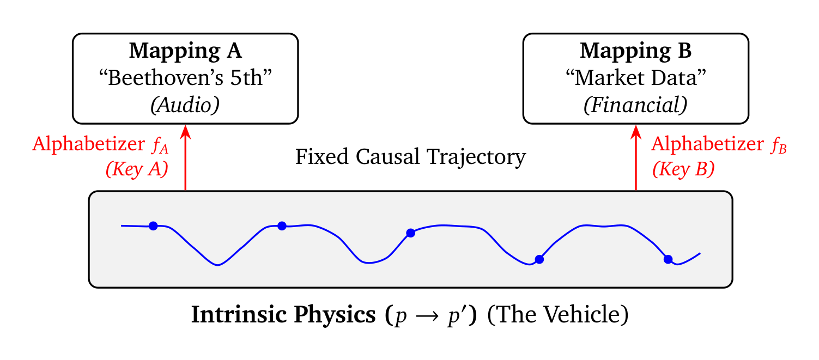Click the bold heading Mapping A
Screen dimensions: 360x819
(185, 51)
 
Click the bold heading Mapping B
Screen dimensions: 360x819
(635, 51)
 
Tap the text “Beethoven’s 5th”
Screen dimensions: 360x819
(185, 78)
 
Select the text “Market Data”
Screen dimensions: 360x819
(635, 78)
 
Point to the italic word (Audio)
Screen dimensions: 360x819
(185, 105)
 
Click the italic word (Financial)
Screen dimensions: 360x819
(635, 105)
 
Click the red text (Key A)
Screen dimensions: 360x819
(137, 169)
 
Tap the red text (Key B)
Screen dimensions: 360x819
(683, 169)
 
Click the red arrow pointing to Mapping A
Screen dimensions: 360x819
(186, 158)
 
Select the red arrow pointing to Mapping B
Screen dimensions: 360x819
(636, 158)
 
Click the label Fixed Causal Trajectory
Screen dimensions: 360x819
(410, 157)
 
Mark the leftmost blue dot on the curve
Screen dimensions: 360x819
(153, 226)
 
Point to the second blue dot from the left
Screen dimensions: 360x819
(282, 226)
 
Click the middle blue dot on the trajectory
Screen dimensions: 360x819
(411, 233)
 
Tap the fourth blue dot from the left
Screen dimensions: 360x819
(539, 259)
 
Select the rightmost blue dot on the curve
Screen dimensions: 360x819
(668, 259)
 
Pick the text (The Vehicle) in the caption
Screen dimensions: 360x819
(557, 316)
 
